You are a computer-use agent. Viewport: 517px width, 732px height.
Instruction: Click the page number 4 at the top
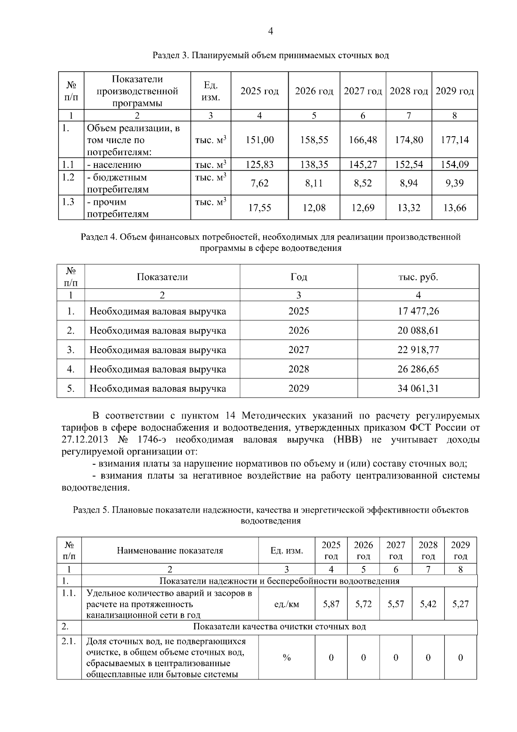271,31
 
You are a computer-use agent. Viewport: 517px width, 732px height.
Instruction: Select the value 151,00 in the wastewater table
259,140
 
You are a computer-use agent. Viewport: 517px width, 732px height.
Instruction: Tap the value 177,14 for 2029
455,140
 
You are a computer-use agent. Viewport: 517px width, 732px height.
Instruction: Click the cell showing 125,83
259,164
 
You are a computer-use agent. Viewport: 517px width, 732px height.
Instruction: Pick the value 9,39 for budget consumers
455,183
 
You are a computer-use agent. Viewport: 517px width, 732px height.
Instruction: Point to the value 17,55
259,208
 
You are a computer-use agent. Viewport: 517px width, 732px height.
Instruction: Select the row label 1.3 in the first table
68,202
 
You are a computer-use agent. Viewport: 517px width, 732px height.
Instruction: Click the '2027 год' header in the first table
363,91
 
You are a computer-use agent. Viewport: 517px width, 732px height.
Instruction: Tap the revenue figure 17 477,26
418,311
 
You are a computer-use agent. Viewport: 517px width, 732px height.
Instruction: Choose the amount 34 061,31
418,388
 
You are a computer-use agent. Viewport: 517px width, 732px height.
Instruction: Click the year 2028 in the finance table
299,369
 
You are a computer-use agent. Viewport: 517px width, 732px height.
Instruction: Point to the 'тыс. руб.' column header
418,277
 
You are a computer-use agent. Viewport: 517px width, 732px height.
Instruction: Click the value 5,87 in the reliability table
331,604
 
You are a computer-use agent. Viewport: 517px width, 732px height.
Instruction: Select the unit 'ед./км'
287,604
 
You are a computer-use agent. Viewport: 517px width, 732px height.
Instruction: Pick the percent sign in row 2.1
287,658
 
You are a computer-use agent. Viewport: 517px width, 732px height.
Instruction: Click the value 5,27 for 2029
460,604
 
